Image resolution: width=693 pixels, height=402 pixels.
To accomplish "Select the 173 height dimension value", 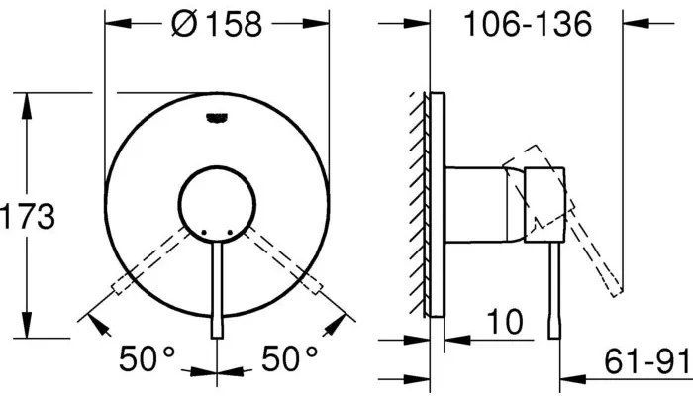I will point(28,216).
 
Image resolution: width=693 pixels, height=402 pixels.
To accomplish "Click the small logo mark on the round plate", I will point(217,119).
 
